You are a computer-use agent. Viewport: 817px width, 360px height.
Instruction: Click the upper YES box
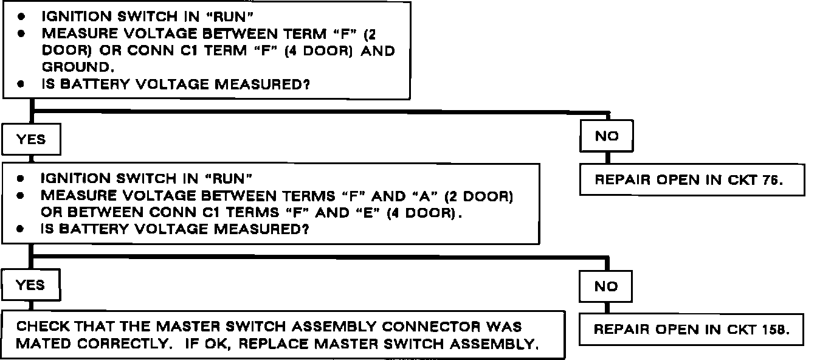pos(31,140)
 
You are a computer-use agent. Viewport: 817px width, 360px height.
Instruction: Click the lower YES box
pos(31,285)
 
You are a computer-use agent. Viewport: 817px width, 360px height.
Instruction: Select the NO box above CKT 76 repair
pos(606,136)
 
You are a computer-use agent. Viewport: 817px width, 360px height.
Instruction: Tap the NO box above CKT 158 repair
pos(606,286)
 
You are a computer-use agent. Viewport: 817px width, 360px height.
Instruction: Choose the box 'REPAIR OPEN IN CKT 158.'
pos(691,330)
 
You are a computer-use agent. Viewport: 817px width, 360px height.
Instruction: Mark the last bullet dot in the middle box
pos(20,230)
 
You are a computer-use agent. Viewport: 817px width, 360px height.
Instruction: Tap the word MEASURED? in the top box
pos(262,85)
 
